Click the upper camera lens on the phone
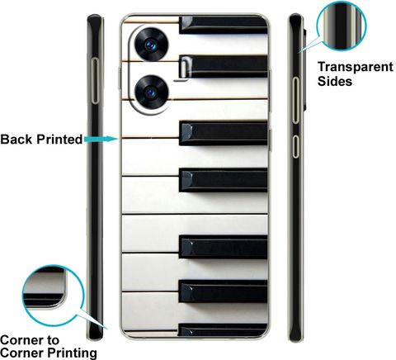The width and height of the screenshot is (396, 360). click(x=151, y=45)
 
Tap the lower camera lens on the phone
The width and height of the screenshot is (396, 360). click(x=151, y=92)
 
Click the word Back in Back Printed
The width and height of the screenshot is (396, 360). click(x=16, y=140)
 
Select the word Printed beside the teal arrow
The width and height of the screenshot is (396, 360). click(x=59, y=140)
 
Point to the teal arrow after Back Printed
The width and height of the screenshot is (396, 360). click(x=101, y=139)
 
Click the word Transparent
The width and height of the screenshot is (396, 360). click(x=356, y=67)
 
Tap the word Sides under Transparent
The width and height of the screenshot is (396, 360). click(x=335, y=81)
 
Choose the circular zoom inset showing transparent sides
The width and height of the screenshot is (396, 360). click(x=342, y=26)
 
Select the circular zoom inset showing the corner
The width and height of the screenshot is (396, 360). click(x=53, y=296)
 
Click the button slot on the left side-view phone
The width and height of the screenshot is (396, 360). click(x=95, y=81)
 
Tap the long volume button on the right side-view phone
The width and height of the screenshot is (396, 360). click(x=295, y=100)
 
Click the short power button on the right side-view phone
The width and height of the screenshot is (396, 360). click(x=295, y=146)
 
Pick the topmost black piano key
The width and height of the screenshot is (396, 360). click(x=223, y=25)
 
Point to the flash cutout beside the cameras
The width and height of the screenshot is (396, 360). click(x=184, y=68)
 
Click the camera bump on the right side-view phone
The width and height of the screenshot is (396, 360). click(x=304, y=69)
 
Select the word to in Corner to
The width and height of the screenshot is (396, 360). click(x=51, y=341)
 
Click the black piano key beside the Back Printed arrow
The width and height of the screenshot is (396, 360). click(x=223, y=133)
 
